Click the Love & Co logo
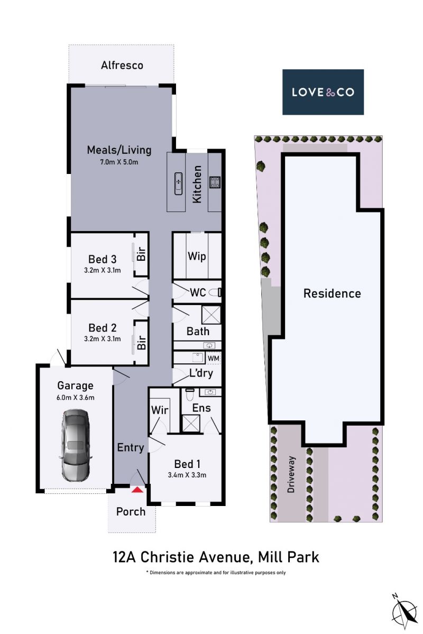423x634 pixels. pyautogui.click(x=323, y=92)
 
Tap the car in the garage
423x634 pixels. pyautogui.click(x=76, y=445)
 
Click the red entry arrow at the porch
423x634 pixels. pyautogui.click(x=137, y=490)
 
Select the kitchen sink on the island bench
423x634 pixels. pyautogui.click(x=178, y=183)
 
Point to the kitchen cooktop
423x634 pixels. pyautogui.click(x=215, y=182)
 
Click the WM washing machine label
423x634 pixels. pyautogui.click(x=214, y=358)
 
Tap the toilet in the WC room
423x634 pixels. pyautogui.click(x=217, y=292)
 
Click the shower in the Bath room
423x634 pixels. pyautogui.click(x=211, y=315)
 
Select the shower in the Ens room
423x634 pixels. pyautogui.click(x=191, y=424)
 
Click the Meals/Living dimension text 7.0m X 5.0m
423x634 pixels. pyautogui.click(x=119, y=162)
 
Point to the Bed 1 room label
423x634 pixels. pyautogui.click(x=187, y=464)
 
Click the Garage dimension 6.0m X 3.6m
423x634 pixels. pyautogui.click(x=75, y=398)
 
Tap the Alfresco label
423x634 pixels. pyautogui.click(x=122, y=65)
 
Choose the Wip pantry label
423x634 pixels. pyautogui.click(x=197, y=256)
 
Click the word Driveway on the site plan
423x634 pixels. pyautogui.click(x=291, y=474)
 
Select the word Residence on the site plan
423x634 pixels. pyautogui.click(x=332, y=293)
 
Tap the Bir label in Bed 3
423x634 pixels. pyautogui.click(x=141, y=253)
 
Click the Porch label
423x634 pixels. pyautogui.click(x=131, y=511)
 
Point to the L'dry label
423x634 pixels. pyautogui.click(x=201, y=372)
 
